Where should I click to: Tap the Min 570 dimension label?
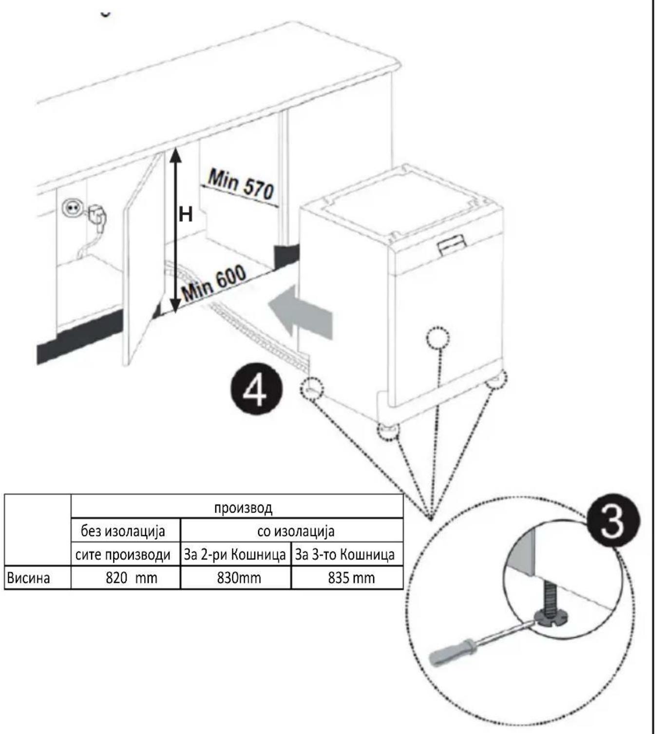tap(241, 186)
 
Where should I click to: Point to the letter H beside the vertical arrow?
tap(186, 215)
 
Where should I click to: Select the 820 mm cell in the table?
tap(126, 578)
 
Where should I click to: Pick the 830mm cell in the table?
tap(236, 578)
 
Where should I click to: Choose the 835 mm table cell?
tap(347, 578)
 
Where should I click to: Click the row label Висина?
tap(29, 579)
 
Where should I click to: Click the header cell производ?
tap(244, 508)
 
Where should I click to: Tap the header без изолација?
tap(123, 531)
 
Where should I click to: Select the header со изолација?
tap(296, 531)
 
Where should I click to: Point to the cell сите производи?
tap(123, 555)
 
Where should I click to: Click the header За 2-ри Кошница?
tap(235, 555)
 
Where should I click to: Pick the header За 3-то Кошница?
tap(345, 555)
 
